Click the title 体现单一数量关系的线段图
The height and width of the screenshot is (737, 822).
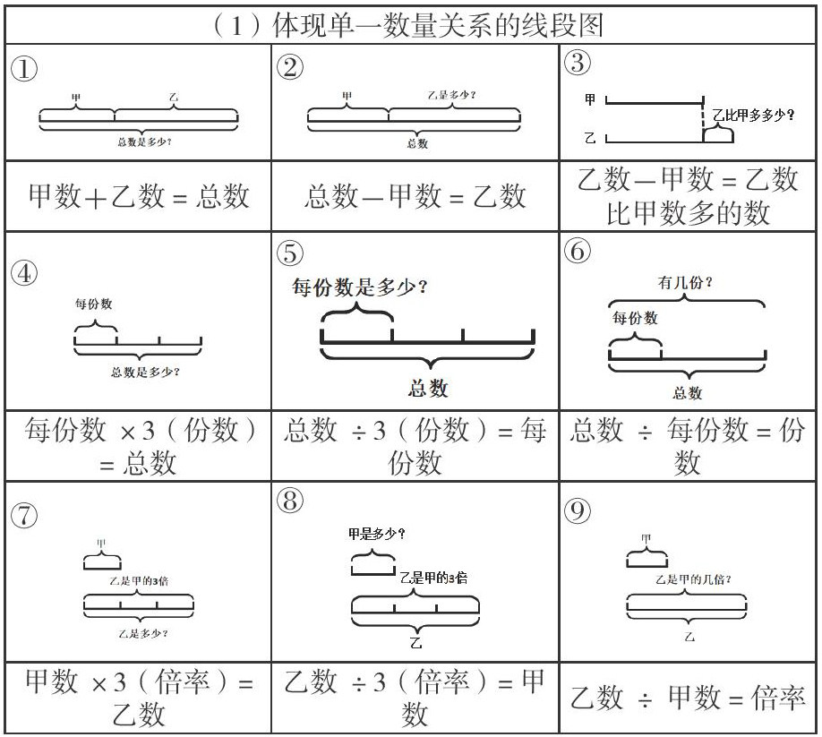(410, 24)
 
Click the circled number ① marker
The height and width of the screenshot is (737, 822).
(24, 69)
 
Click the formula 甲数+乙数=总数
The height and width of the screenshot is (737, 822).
(139, 196)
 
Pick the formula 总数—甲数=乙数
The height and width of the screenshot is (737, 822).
(415, 196)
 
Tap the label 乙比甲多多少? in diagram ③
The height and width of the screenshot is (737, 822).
(753, 115)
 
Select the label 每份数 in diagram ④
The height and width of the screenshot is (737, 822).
(93, 304)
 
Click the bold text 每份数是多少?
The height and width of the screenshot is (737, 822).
(359, 288)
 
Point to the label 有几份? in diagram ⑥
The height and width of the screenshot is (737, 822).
(686, 284)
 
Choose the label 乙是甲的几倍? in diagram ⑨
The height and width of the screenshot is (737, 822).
(688, 579)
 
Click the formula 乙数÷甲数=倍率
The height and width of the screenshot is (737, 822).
(688, 698)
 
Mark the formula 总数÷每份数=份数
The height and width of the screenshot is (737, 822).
(688, 446)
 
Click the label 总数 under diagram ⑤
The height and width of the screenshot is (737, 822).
(427, 389)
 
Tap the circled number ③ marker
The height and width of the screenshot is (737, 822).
(579, 64)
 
